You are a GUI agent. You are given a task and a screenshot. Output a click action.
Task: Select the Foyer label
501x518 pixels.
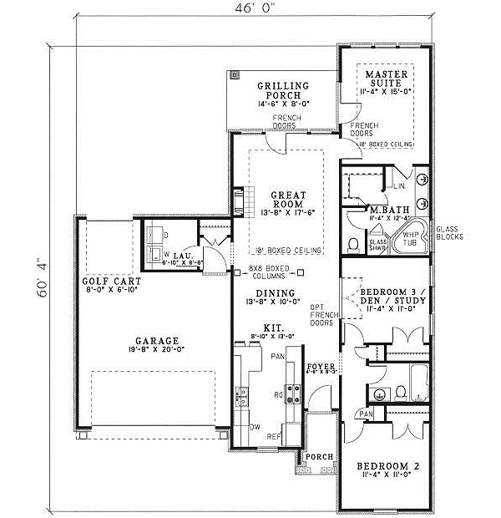pos(321,367)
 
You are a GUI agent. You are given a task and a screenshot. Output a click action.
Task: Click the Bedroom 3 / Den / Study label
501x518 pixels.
pos(389,297)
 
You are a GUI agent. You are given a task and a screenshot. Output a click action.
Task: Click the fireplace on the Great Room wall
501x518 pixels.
pos(239,201)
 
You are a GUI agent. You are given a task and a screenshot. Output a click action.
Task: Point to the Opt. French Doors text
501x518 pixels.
pos(321,315)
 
